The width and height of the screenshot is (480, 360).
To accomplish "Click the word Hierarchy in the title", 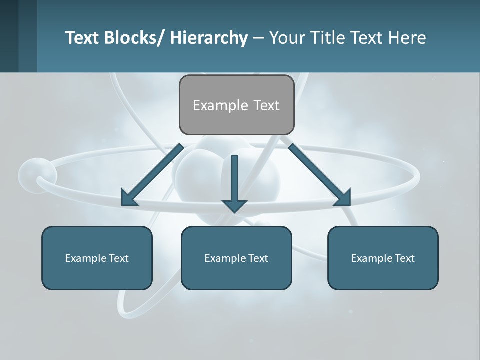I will [209, 38].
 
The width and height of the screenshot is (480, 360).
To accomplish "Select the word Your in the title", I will [286, 38].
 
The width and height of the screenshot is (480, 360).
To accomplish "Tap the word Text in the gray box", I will [266, 105].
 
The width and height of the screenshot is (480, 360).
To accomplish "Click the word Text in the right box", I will [404, 258].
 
